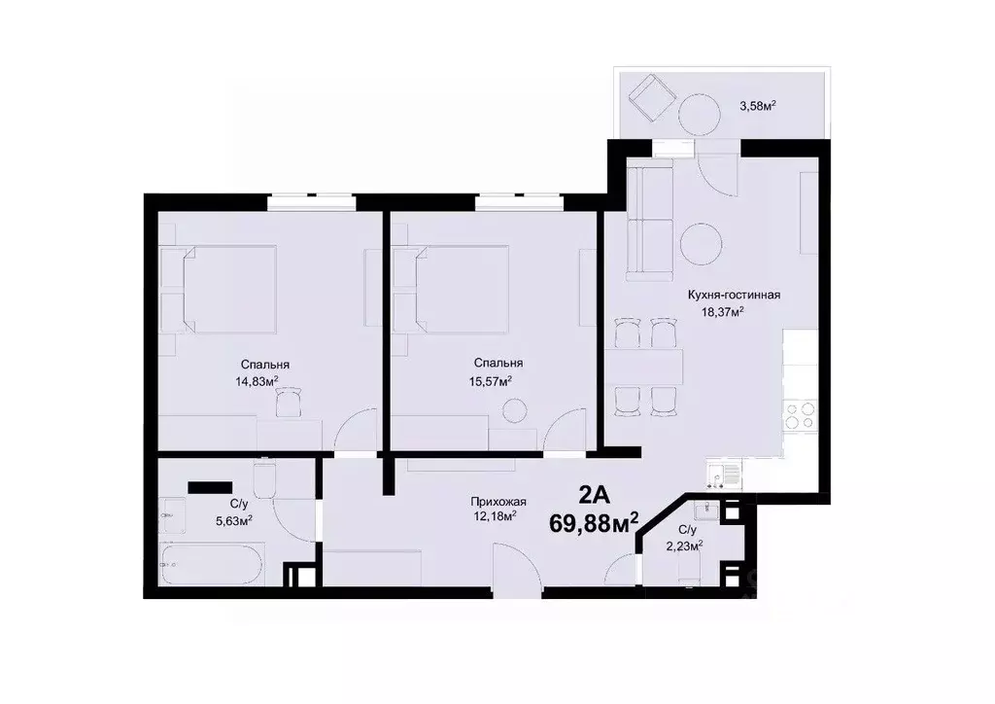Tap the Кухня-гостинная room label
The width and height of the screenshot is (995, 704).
735,296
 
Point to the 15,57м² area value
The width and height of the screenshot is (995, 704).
491,380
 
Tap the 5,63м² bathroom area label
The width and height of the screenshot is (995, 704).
233,520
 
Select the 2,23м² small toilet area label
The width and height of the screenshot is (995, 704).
686,545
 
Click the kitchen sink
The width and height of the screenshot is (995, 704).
723,475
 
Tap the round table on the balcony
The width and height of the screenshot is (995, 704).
699,115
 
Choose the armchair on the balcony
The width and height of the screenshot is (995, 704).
648,97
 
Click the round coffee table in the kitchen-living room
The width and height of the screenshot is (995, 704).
702,243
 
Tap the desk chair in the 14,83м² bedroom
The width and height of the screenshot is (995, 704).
288,401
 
